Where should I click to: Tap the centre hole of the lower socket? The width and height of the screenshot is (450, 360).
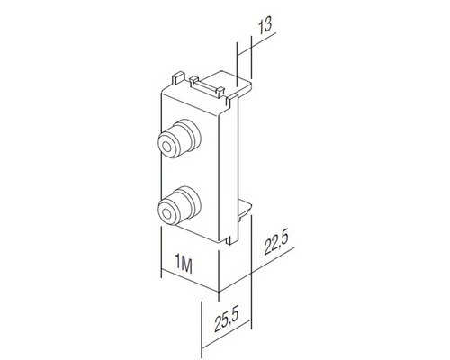tap(166, 212)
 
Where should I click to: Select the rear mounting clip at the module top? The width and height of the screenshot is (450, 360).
tap(216, 85)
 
